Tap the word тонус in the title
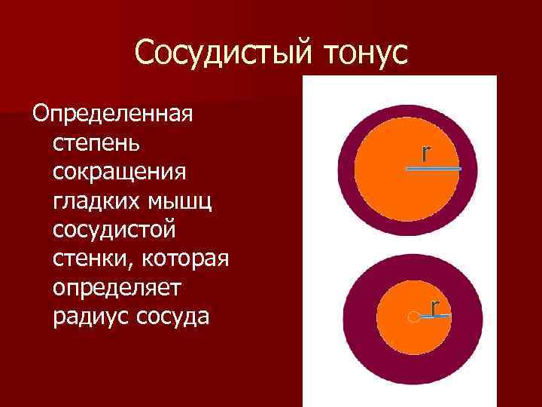(364, 54)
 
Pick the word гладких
(90, 200)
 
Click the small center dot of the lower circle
(412, 318)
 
